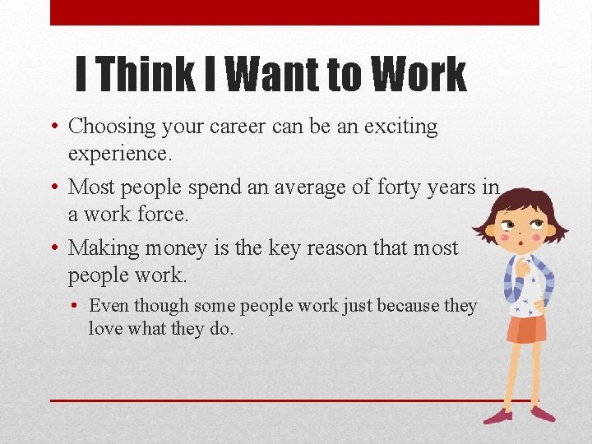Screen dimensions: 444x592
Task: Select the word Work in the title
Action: [x=419, y=74]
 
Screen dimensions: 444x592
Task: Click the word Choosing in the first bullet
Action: [x=112, y=127]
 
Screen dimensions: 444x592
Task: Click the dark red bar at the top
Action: [x=294, y=12]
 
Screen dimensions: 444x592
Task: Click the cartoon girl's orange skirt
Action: [x=526, y=328]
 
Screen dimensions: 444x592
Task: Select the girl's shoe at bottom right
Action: [x=543, y=414]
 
